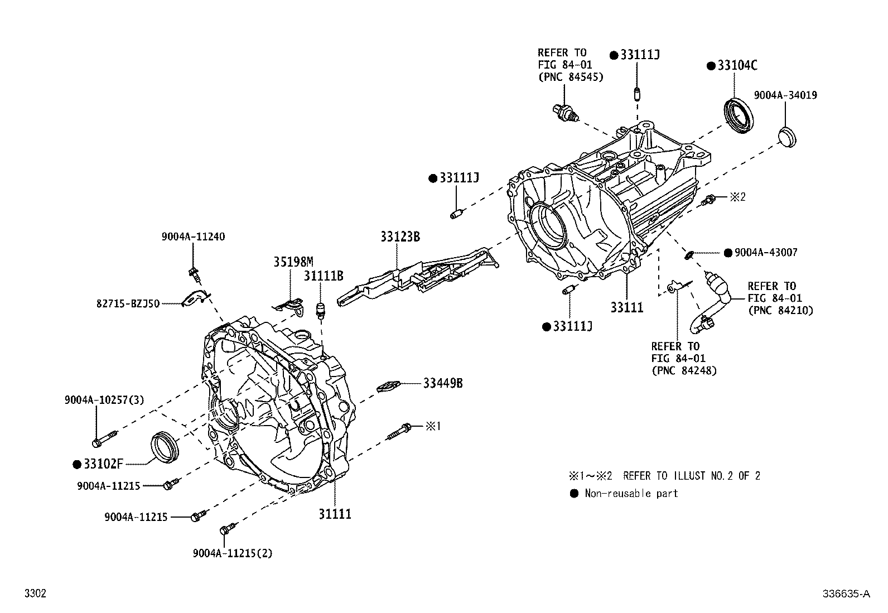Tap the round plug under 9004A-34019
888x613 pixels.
(x=787, y=136)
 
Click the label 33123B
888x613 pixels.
(x=400, y=236)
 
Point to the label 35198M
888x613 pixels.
(x=293, y=261)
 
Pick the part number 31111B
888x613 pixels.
(x=323, y=276)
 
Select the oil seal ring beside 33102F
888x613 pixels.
(x=166, y=447)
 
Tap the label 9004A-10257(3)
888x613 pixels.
(x=104, y=400)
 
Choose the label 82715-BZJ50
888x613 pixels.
(x=128, y=303)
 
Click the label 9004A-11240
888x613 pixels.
(x=193, y=236)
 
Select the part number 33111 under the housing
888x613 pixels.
(x=626, y=307)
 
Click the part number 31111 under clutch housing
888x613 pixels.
(x=335, y=514)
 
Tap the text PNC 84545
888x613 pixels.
(x=571, y=77)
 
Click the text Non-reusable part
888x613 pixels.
(x=631, y=493)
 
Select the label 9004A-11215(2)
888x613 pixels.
(x=233, y=553)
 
